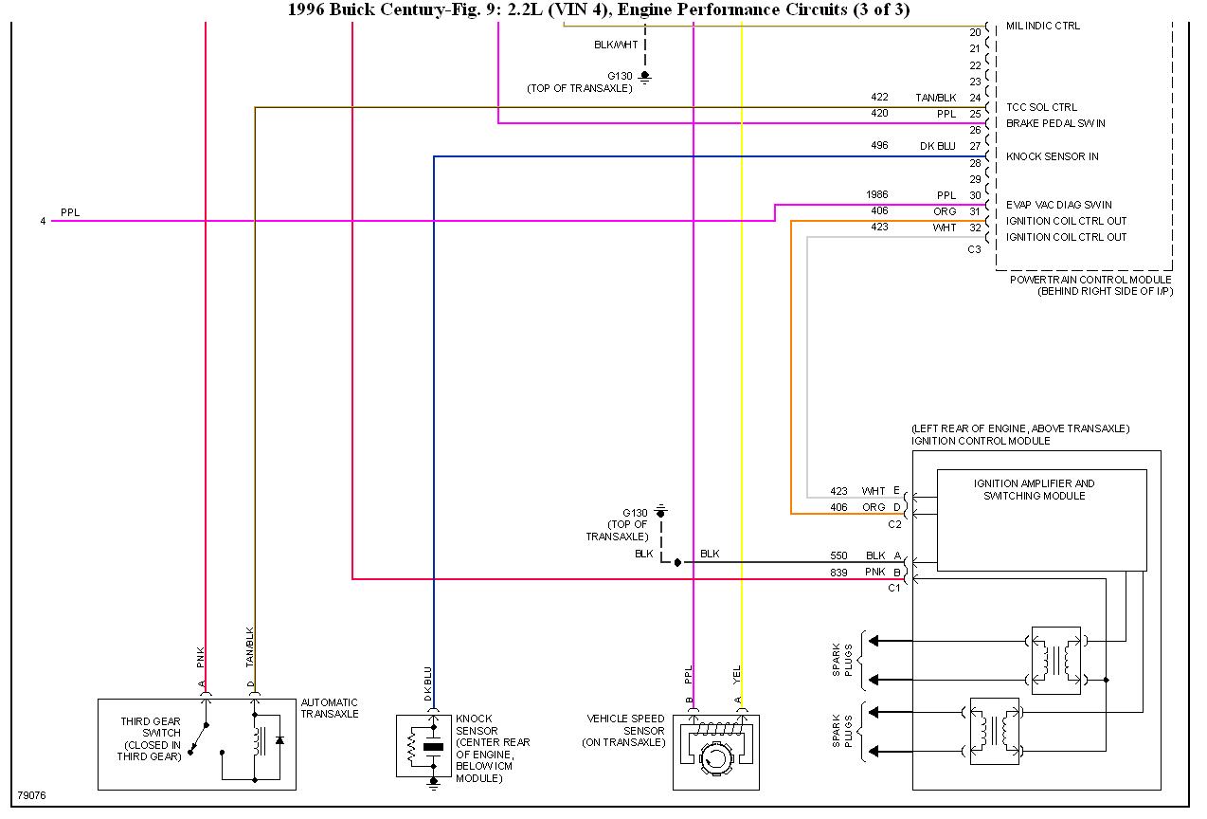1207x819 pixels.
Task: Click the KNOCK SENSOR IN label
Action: [x=1052, y=156]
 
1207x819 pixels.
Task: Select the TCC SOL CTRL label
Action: [x=1041, y=107]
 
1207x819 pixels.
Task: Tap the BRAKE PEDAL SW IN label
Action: [x=1055, y=123]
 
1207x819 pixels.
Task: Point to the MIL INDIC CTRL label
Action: [x=1043, y=26]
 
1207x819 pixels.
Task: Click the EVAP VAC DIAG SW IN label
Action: [x=1059, y=205]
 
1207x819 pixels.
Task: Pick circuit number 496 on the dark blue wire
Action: [x=879, y=146]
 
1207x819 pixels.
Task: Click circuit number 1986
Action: [x=876, y=194]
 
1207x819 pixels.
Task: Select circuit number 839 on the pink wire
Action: [x=838, y=573]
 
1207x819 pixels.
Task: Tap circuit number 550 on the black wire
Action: [x=838, y=555]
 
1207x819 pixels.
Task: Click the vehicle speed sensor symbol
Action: [x=716, y=752]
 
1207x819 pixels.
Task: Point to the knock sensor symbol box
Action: [x=423, y=746]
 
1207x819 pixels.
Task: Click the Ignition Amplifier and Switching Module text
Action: [x=1034, y=489]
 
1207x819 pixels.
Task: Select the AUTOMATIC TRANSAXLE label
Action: [x=330, y=708]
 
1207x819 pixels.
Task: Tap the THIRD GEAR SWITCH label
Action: [x=151, y=727]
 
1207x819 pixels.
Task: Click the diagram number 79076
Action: [x=32, y=795]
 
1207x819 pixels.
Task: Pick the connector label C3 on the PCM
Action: [x=974, y=249]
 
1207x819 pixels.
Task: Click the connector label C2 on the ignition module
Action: [x=894, y=524]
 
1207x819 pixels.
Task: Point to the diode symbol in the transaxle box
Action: [x=279, y=740]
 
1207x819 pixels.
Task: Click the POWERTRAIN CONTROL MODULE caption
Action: [x=1090, y=280]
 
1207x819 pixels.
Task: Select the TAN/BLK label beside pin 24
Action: [x=936, y=99]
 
